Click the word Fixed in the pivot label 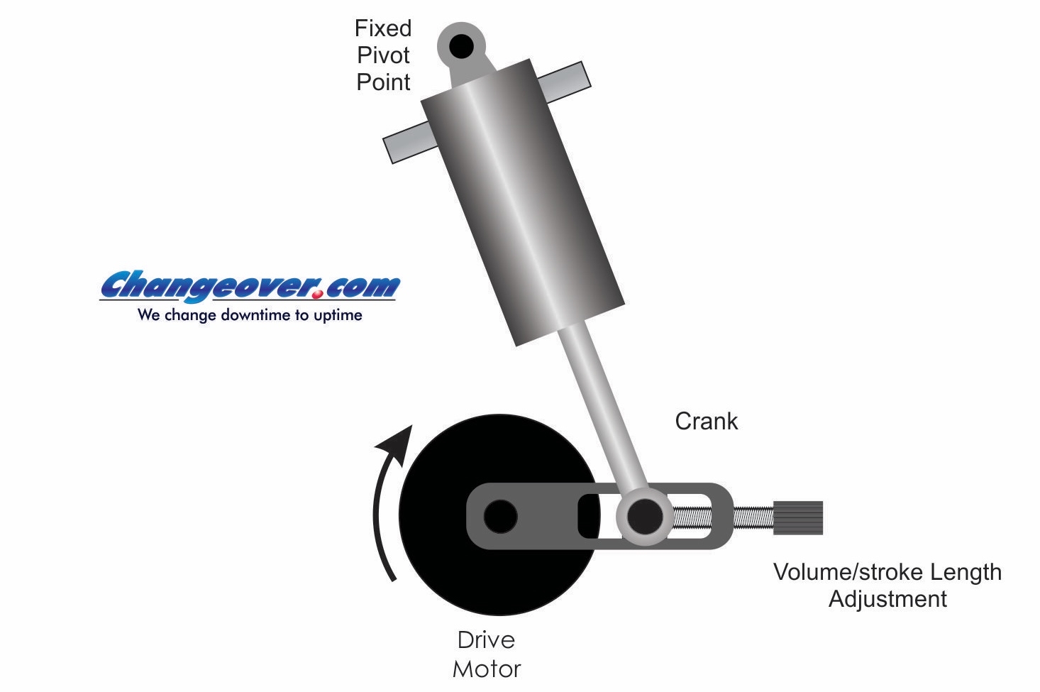pos(383,28)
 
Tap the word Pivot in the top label pos(383,55)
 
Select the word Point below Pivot pos(383,82)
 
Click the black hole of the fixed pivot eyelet pos(461,46)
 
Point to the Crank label pos(706,422)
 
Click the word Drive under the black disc pos(486,640)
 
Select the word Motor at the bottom pos(487,669)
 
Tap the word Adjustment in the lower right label pos(887,599)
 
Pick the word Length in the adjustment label pos(966,573)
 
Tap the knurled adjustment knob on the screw pos(797,517)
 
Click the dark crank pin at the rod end pos(645,517)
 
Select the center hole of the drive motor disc pos(501,517)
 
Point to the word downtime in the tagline pos(256,315)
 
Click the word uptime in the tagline pos(338,316)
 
